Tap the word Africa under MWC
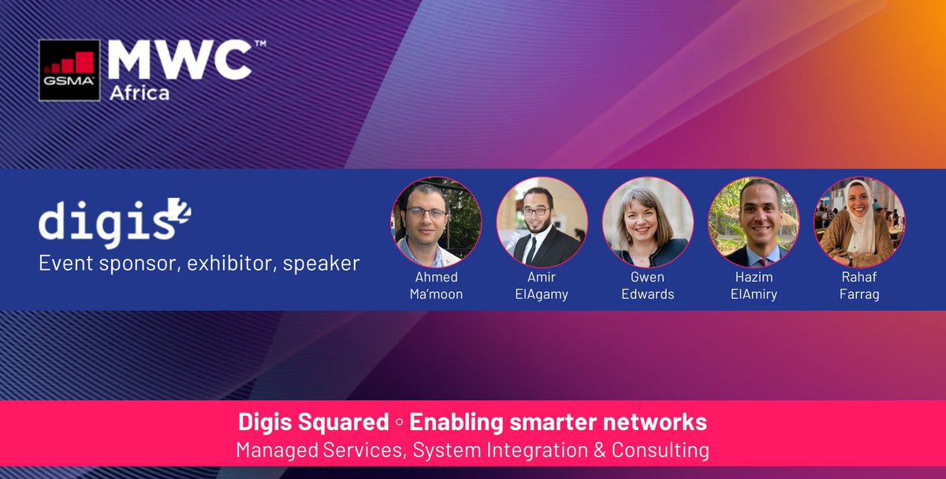coord(139,93)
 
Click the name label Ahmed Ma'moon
coord(437,286)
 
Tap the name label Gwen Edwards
coord(647,286)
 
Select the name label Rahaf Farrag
coord(858,286)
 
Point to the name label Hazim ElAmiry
coord(753,286)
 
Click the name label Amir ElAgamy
coord(542,286)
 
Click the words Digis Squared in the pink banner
coord(313,422)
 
